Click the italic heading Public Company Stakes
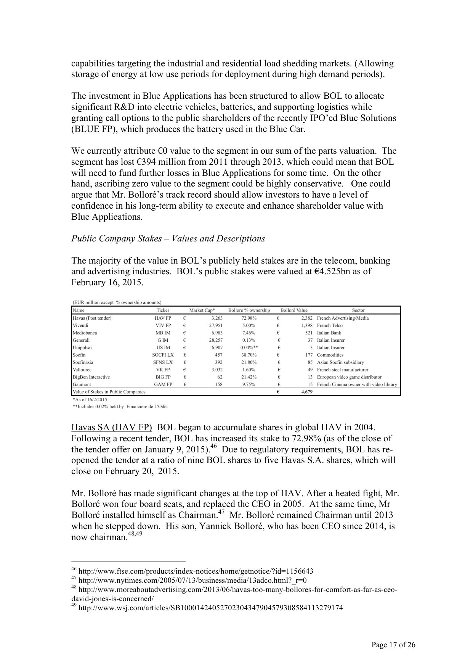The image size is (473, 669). (168, 239)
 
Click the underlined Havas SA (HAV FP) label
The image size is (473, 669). (111, 428)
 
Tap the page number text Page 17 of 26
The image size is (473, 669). (393, 645)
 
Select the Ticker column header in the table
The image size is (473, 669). (163, 310)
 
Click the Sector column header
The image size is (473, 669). (358, 310)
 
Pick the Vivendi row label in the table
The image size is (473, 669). (80, 325)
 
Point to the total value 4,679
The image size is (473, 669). (307, 392)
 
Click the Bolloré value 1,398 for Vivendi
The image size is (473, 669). (307, 325)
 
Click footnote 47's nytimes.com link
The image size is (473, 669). (192, 581)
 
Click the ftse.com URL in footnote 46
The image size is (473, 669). (196, 571)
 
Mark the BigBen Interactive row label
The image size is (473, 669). (91, 377)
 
